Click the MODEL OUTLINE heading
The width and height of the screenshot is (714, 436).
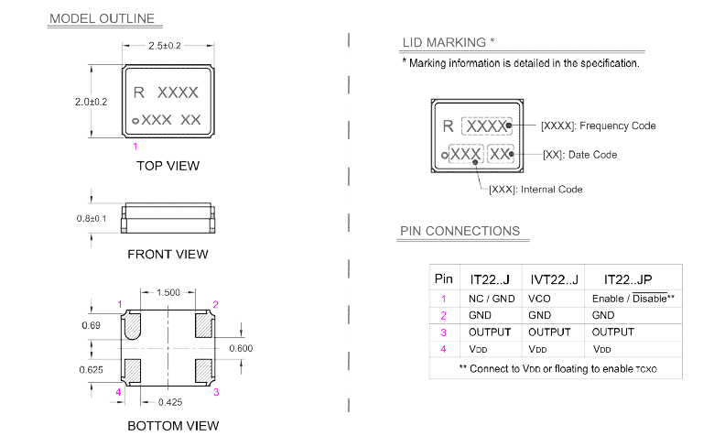(102, 18)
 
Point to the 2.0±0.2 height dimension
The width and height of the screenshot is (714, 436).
(92, 102)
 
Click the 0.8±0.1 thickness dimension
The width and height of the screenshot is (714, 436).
(92, 218)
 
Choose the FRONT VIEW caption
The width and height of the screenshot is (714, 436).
(168, 254)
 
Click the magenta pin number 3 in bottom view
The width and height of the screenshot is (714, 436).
(216, 392)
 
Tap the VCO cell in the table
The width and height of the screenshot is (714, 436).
(539, 299)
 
